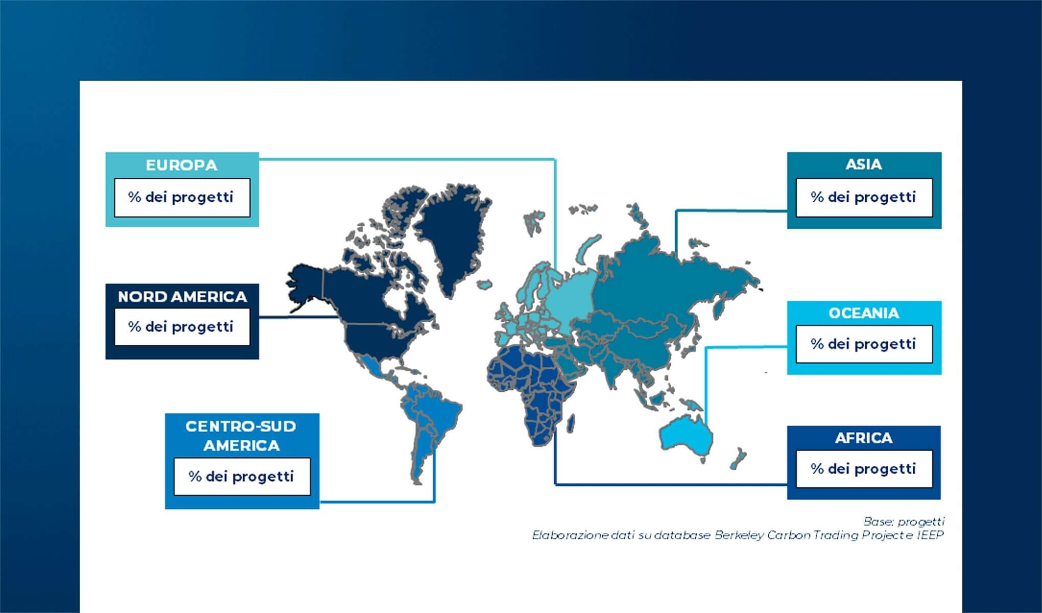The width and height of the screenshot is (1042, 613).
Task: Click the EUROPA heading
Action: click(181, 165)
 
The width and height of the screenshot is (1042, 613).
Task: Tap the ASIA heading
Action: click(863, 164)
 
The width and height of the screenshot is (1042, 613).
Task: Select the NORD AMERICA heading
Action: click(182, 296)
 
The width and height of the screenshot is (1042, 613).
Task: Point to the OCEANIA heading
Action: click(864, 313)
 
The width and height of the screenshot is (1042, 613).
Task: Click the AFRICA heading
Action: click(864, 438)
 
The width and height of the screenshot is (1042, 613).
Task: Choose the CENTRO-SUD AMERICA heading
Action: click(241, 436)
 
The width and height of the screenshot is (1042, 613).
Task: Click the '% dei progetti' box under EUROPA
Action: click(182, 197)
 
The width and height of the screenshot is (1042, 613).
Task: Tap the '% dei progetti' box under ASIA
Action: click(864, 197)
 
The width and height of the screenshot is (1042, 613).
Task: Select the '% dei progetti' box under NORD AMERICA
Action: click(182, 327)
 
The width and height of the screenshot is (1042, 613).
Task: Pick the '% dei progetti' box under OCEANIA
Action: click(864, 344)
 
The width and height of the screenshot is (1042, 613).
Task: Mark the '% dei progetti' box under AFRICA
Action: click(864, 468)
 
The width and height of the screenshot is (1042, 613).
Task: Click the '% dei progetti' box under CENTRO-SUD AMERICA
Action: click(242, 476)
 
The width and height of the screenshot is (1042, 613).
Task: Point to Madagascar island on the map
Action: click(571, 423)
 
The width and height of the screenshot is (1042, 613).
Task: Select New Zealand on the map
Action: click(738, 458)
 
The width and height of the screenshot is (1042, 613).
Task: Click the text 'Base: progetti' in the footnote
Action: click(904, 522)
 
